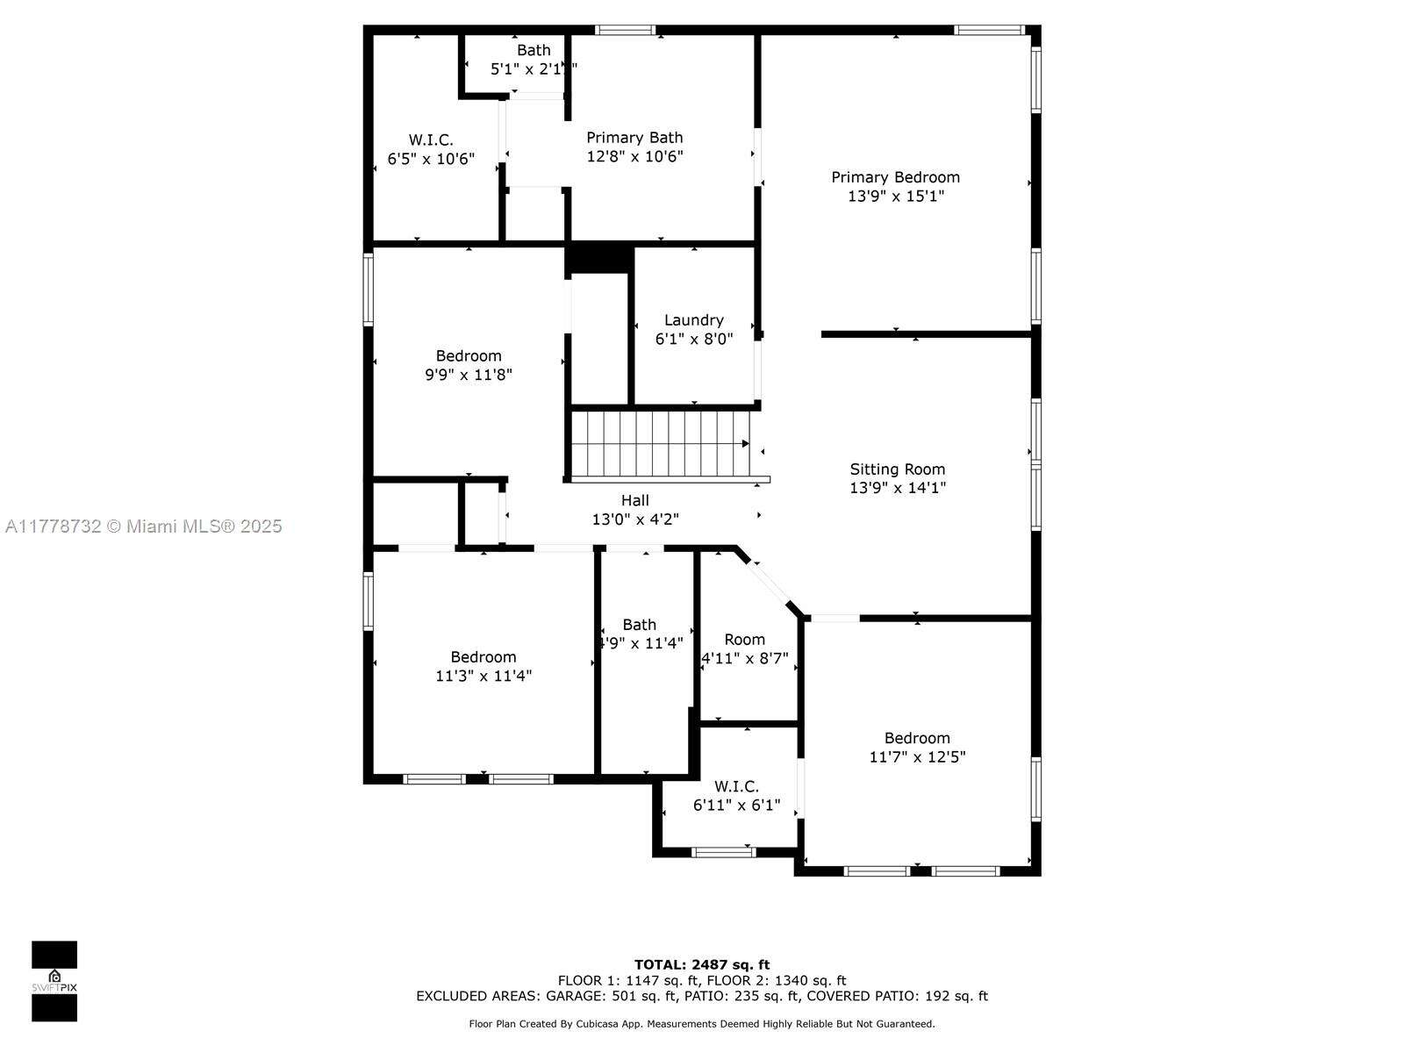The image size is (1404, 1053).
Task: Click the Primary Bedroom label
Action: coord(895,177)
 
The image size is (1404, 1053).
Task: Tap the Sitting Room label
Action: coord(897,469)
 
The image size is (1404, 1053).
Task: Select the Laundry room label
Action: coord(693,320)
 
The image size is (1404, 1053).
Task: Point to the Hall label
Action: coord(634,500)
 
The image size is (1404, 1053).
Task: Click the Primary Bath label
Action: coord(634,138)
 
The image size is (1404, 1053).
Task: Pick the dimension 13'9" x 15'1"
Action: coord(895,197)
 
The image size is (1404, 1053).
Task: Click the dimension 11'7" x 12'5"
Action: coord(917,756)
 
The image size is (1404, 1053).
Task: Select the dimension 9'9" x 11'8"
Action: coord(468,375)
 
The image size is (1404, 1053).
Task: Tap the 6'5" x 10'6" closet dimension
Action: coord(431,159)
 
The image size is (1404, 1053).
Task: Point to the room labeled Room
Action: coord(744,640)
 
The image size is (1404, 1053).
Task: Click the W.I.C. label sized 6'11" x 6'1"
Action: coord(736,786)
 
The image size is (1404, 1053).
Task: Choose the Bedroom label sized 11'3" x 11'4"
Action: coord(483,657)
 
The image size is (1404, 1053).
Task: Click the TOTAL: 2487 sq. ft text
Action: coord(702,964)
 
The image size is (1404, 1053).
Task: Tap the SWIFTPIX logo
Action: coord(54,981)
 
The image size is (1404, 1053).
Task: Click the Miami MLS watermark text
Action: coord(144,526)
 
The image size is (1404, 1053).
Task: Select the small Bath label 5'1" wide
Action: coord(533,50)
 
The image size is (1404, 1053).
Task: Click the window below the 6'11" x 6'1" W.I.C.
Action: coord(723,851)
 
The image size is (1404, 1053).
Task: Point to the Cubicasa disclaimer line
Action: coord(702,1023)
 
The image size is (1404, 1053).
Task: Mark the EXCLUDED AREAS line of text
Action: coord(702,996)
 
